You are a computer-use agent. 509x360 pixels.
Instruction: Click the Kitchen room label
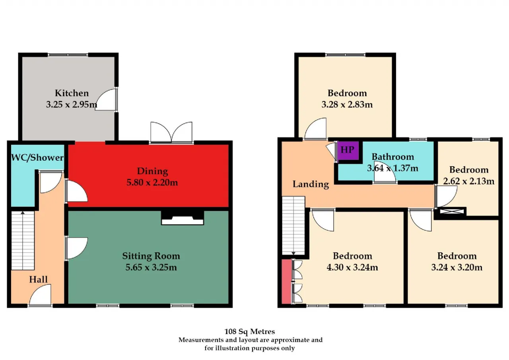(x=72, y=93)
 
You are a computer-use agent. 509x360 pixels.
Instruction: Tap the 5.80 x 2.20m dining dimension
(x=152, y=183)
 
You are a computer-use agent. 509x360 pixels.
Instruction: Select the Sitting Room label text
(x=151, y=256)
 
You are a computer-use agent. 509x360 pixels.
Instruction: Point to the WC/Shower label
(x=37, y=158)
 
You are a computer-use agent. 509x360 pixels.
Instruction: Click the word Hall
(x=39, y=279)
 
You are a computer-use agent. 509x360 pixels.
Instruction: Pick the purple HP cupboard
(x=348, y=150)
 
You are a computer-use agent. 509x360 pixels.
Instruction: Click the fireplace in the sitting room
(x=182, y=218)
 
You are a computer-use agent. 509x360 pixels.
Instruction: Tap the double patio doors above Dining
(x=171, y=132)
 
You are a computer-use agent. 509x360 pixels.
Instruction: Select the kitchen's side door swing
(x=106, y=99)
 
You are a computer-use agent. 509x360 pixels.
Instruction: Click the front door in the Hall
(x=40, y=295)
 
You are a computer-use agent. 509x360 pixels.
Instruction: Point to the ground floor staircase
(x=23, y=241)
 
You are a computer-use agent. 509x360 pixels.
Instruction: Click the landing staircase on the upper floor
(x=293, y=226)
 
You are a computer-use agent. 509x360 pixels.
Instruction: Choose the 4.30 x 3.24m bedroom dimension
(x=352, y=267)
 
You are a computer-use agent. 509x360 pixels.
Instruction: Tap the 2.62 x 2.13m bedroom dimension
(x=468, y=181)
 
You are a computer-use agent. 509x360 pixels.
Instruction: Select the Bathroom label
(x=392, y=157)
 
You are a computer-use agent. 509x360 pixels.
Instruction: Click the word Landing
(x=311, y=184)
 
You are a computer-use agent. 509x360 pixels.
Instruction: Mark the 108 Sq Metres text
(x=249, y=332)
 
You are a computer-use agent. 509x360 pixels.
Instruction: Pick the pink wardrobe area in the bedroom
(x=287, y=282)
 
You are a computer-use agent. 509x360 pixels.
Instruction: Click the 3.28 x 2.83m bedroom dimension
(x=347, y=105)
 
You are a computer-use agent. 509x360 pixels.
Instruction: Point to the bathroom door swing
(x=385, y=173)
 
